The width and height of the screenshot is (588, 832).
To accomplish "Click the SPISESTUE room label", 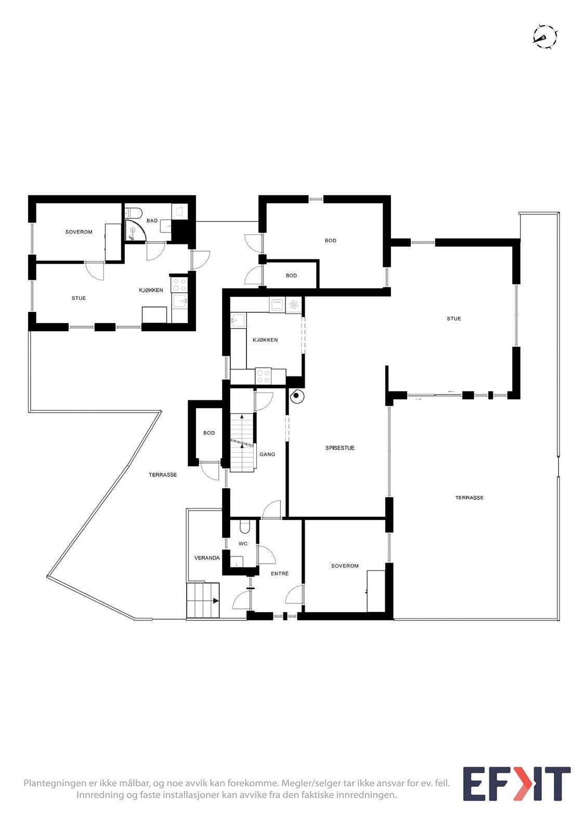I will pos(340,448).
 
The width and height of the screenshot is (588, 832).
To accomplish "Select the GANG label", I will pos(267,454).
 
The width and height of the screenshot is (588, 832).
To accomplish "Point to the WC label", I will pos(243,544).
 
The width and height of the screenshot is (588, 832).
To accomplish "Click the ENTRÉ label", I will pos(280,574).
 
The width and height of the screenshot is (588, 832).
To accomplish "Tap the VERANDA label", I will pos(207,558).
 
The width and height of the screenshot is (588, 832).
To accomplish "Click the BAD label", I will pos(152,220).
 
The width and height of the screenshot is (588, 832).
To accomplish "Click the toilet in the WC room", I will pos(244,527).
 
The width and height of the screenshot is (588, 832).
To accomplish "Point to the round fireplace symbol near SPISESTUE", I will pos(296,396).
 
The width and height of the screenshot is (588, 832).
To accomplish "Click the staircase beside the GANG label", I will pos(242,442).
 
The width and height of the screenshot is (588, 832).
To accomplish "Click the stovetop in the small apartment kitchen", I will pos(180,284).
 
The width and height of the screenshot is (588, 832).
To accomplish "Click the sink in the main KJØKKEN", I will pos(238,319).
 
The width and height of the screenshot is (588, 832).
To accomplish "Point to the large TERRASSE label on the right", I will pos(469,498).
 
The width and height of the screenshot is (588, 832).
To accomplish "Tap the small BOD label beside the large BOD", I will pos(291,276).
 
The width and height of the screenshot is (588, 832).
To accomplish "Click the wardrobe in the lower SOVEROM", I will pos(376,591).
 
